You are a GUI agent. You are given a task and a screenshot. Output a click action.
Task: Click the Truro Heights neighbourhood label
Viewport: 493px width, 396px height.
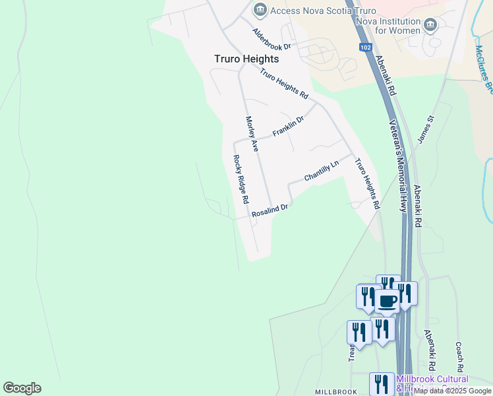246,59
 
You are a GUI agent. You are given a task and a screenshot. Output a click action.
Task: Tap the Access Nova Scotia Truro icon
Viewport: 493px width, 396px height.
260,10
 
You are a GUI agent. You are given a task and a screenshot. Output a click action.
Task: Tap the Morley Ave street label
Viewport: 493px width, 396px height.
251,134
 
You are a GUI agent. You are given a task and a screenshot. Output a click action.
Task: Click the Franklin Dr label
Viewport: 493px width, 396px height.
289,126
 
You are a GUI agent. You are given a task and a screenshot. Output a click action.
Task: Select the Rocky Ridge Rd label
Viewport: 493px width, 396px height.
241,179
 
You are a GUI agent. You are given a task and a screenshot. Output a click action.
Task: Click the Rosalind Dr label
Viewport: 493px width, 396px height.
270,211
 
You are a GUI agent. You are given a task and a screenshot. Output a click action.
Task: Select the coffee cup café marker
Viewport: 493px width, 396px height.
387,302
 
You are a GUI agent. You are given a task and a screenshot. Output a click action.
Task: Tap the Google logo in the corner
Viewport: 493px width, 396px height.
22,388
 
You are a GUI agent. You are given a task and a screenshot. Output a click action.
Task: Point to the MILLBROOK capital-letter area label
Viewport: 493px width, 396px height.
335,392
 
